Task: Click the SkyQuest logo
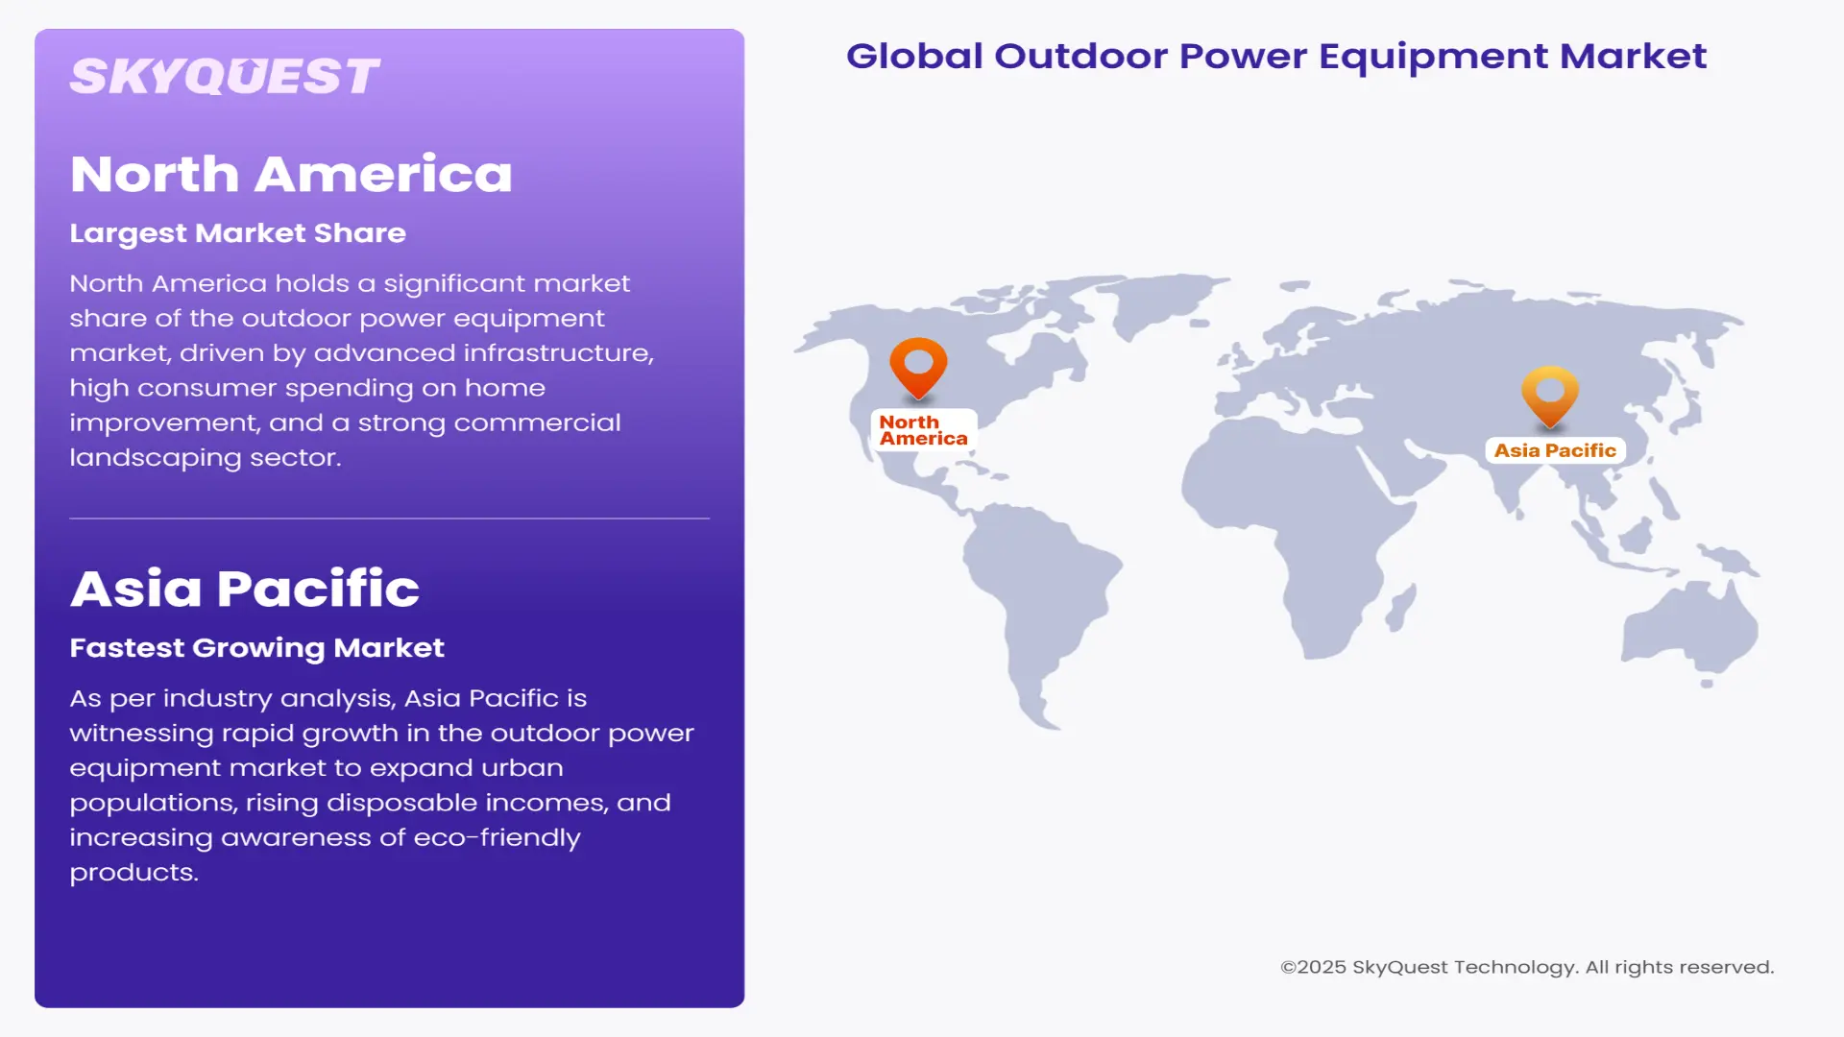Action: (x=225, y=77)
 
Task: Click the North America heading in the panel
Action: (x=291, y=175)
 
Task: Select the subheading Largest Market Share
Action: (x=237, y=233)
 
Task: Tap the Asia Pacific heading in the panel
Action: (x=245, y=589)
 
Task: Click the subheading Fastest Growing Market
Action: (x=256, y=648)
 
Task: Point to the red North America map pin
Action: (x=918, y=365)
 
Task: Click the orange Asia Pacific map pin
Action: (x=1550, y=394)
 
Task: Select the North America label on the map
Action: (x=923, y=430)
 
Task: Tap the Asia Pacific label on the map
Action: (x=1555, y=450)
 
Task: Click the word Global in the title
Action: (x=914, y=56)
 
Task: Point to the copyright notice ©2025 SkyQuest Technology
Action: (x=1526, y=967)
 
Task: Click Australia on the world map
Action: (x=1690, y=624)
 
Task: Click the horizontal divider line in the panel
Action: (x=389, y=518)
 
